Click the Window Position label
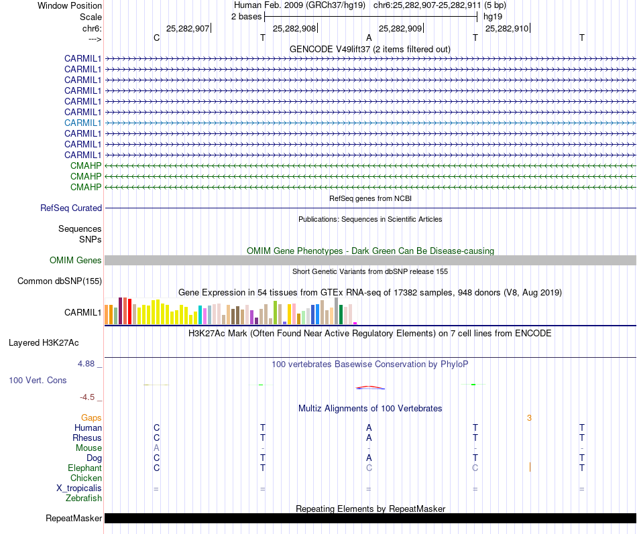(70, 5)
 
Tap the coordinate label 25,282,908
(294, 28)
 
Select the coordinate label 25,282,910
(506, 28)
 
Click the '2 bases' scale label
(247, 16)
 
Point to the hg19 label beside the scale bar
(493, 16)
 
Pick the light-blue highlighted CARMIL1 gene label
(83, 123)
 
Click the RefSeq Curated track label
(71, 208)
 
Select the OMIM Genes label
(76, 260)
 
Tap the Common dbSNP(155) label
(60, 281)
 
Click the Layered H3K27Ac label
(44, 342)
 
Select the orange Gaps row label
(91, 417)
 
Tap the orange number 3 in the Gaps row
(529, 417)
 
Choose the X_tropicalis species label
(79, 488)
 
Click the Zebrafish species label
(84, 498)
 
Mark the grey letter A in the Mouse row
(156, 448)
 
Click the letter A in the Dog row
(369, 458)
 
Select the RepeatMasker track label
(74, 518)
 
